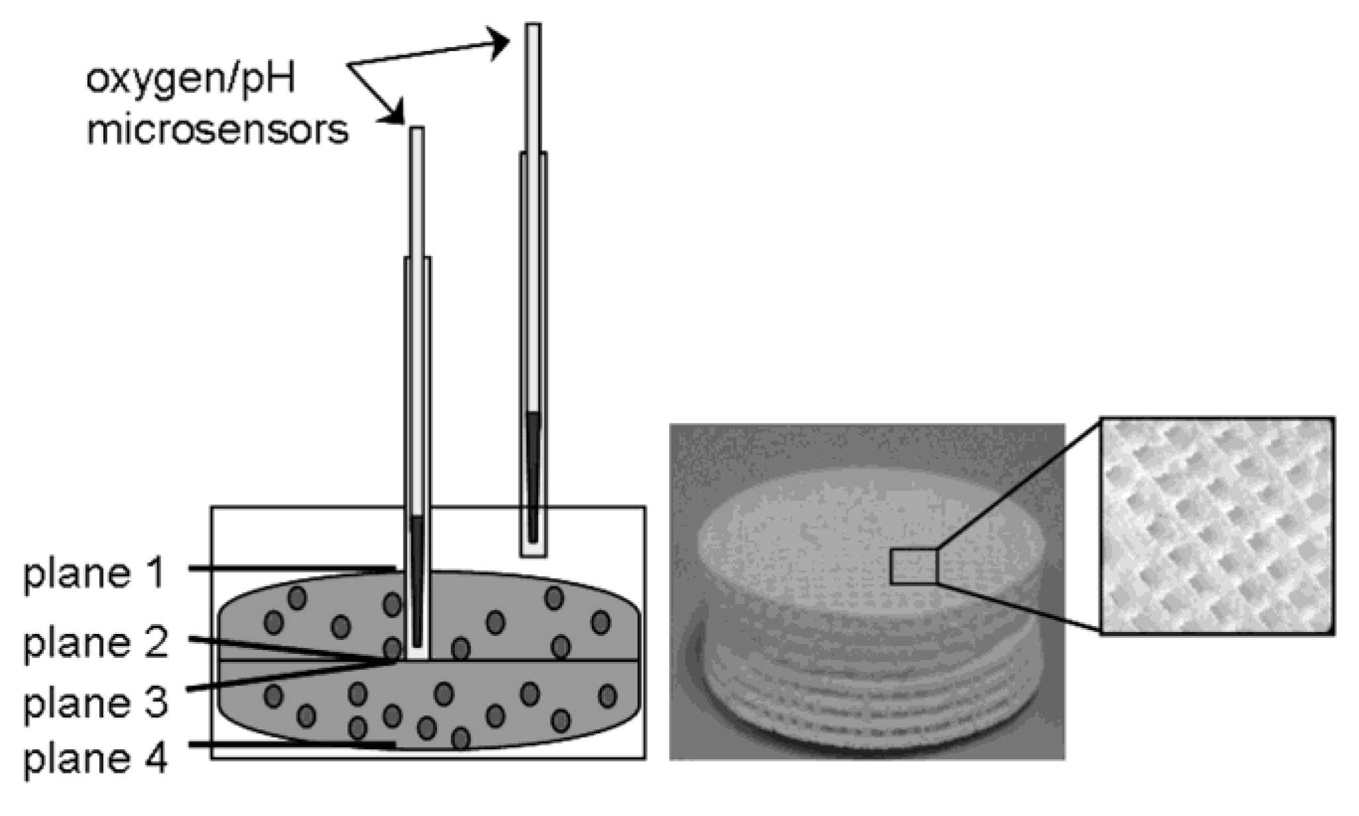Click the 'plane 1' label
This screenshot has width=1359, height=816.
[94, 573]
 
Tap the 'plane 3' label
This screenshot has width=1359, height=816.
[97, 703]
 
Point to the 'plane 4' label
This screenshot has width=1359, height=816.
[97, 758]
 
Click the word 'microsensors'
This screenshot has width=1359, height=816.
[217, 129]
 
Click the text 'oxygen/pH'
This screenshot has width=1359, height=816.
[190, 79]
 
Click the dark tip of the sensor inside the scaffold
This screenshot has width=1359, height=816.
[417, 582]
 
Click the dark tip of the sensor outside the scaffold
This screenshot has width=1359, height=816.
[533, 476]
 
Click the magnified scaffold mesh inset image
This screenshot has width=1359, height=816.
[1217, 526]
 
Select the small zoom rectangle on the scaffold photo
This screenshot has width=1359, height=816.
[913, 567]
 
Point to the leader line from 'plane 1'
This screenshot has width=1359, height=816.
[291, 568]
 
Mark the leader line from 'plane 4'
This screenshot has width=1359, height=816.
[291, 745]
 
